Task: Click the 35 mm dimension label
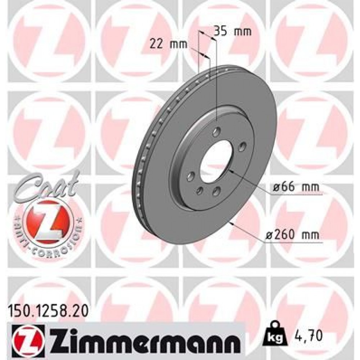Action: point(233,31)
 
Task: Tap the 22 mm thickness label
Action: point(169,44)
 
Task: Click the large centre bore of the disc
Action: point(215,161)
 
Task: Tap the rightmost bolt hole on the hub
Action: point(242,146)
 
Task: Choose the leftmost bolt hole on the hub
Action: point(191,176)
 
